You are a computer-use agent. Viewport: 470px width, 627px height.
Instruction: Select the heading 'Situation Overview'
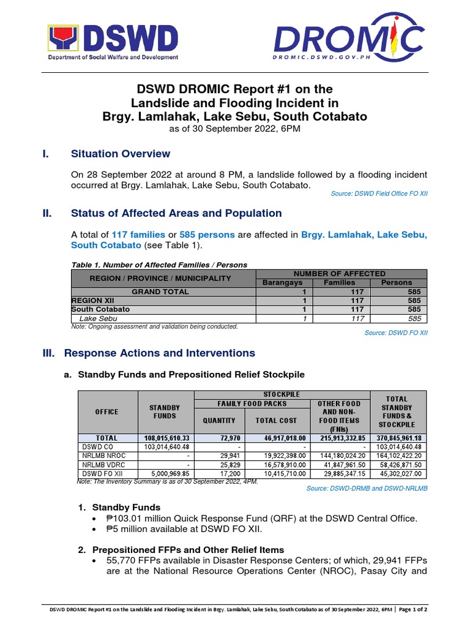click(121, 154)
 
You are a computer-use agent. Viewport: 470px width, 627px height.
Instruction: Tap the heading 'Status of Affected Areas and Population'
click(176, 213)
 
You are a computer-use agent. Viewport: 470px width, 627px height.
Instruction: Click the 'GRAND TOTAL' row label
click(160, 292)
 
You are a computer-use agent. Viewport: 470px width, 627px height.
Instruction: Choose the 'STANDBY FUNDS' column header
click(165, 411)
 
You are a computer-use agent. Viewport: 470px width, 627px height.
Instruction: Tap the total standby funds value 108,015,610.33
click(165, 438)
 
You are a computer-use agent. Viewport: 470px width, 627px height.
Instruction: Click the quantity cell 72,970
click(220, 438)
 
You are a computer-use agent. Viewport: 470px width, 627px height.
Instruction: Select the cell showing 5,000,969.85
click(165, 473)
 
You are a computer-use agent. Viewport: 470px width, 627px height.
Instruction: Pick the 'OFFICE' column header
click(106, 411)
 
